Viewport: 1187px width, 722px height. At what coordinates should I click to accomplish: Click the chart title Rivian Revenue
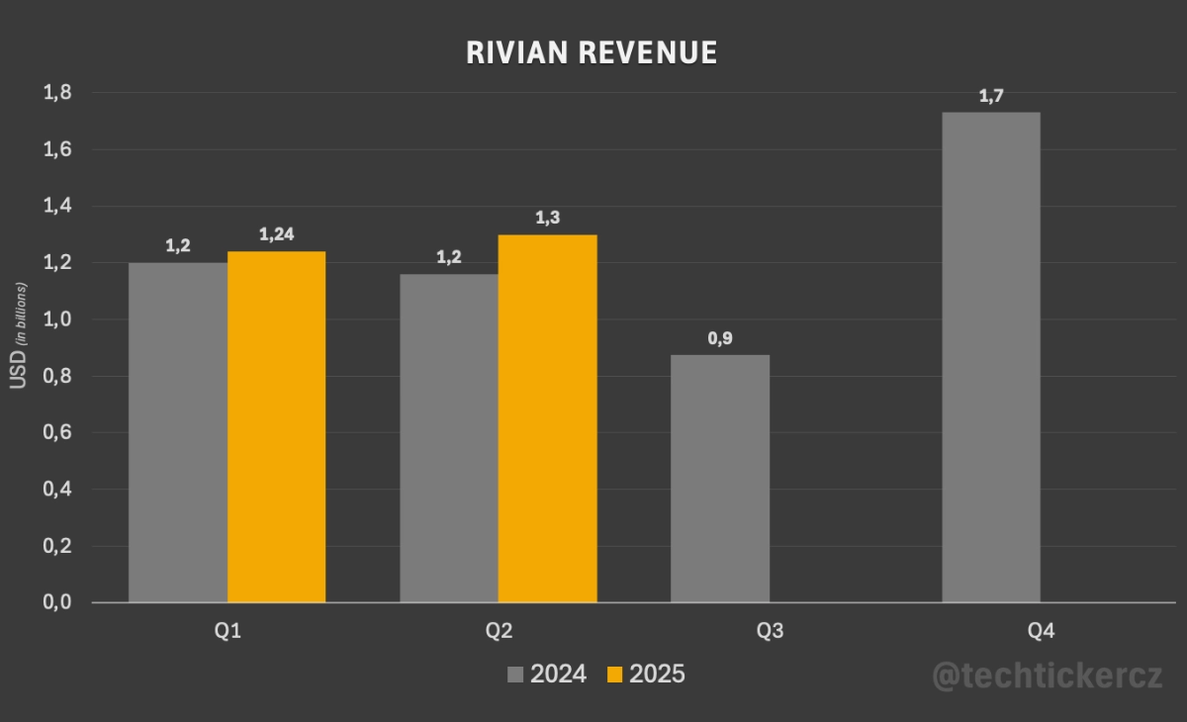tap(592, 53)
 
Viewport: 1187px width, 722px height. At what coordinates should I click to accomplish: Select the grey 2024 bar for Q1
tap(178, 432)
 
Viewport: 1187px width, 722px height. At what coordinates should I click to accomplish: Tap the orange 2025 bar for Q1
tap(276, 426)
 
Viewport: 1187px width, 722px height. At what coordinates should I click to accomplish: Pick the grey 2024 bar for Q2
tap(449, 437)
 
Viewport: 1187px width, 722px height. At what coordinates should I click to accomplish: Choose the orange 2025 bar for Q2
tap(547, 418)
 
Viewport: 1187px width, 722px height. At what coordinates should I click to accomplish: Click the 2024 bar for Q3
tap(720, 479)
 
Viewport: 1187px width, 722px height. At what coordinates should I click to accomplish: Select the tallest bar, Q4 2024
tap(990, 357)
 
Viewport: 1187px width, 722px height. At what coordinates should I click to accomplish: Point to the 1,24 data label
tap(278, 234)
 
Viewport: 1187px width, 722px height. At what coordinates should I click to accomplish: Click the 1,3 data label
tap(548, 218)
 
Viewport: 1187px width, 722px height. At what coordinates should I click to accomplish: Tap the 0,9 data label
tap(720, 338)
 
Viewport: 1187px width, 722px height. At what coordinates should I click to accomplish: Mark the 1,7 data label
tap(991, 96)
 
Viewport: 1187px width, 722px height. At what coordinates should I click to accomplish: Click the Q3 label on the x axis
tap(770, 631)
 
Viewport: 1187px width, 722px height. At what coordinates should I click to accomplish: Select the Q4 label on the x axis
tap(1041, 631)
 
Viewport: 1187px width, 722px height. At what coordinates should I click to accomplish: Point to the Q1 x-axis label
tap(228, 631)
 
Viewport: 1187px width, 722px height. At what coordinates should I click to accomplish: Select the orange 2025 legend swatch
tap(615, 675)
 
